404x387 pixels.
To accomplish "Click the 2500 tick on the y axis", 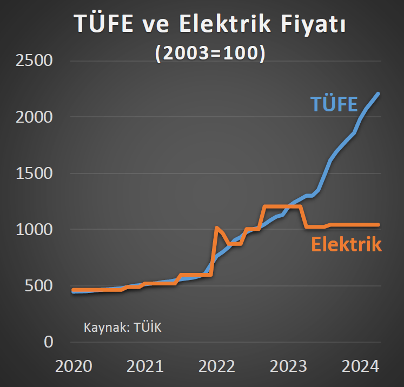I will click(34, 61).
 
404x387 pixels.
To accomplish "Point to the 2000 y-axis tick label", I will click(34, 117).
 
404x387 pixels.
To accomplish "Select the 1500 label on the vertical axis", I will click(34, 174).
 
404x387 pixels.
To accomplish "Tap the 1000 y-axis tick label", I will click(34, 230).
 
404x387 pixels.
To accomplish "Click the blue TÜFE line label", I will click(333, 103).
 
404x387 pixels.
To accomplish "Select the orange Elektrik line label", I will click(346, 244).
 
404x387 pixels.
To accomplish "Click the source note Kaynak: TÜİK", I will click(123, 328).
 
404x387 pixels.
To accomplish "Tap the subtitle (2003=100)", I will click(210, 54).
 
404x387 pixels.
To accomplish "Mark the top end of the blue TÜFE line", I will click(379, 94).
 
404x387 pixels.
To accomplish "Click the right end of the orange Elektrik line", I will click(379, 225).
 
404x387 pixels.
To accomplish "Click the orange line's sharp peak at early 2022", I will click(216, 228).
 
